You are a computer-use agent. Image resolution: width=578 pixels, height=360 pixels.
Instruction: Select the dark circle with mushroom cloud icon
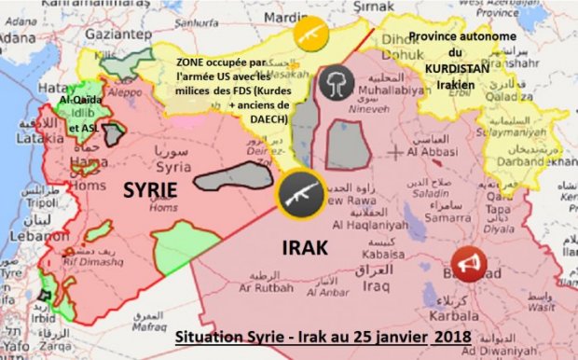pos(334,82)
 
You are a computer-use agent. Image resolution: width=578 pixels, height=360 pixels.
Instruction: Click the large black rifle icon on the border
pos(301,195)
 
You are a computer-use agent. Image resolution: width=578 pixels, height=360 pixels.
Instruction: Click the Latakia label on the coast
pos(22,139)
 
